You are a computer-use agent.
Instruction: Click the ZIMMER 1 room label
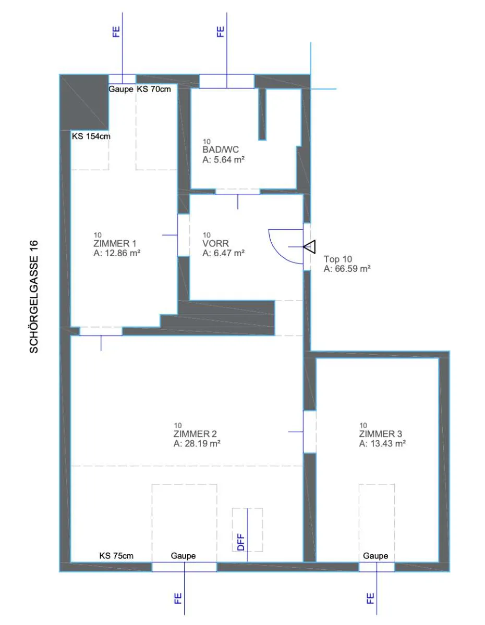pos(115,244)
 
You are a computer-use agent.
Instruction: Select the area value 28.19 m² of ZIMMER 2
pos(197,443)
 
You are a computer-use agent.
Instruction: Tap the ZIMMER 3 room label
pos(380,434)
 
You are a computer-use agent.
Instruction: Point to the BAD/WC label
pos(221,149)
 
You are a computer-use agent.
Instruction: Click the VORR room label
pos(215,244)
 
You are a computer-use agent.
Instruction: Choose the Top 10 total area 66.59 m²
pos(347,269)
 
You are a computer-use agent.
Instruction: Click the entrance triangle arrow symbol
pos(310,247)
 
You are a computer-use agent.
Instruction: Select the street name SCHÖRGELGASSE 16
pos(34,296)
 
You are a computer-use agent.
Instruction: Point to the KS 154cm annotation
pos(91,136)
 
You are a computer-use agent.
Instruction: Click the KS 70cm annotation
pos(154,89)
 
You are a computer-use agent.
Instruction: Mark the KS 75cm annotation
pos(116,556)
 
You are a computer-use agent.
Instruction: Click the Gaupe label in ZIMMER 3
pos(375,556)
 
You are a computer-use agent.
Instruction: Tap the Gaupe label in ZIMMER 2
pos(183,556)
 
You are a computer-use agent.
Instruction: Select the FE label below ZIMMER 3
pos(370,598)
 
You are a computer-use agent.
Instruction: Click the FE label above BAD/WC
pos(220,32)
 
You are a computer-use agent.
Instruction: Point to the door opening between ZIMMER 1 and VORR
pos(183,235)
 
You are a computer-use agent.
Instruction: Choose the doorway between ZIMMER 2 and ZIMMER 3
pos(310,431)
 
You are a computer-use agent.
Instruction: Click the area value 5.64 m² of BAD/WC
pos(224,159)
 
